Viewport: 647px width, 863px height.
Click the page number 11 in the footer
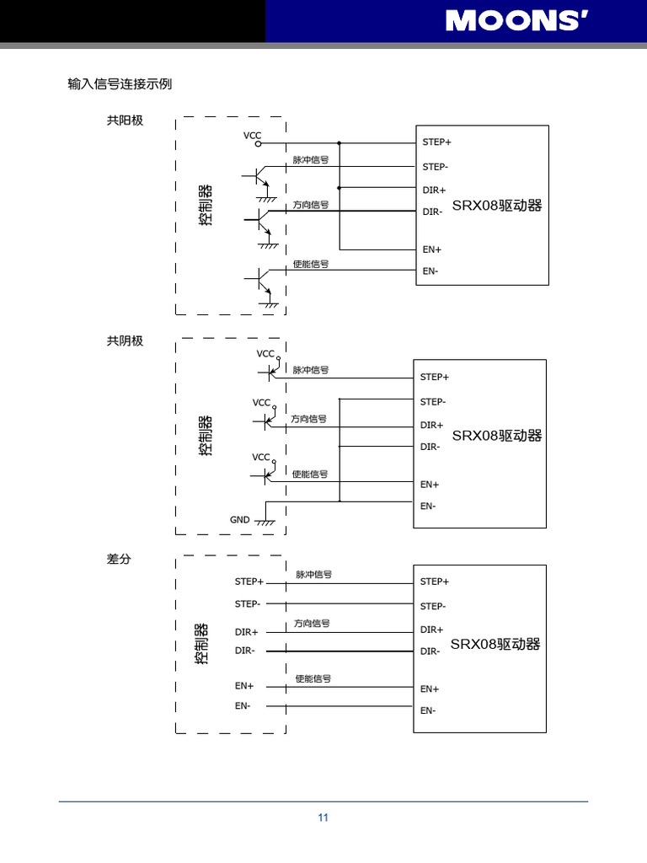pos(323,817)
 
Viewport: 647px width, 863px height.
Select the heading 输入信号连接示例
pos(120,84)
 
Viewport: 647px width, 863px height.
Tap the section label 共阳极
pos(125,121)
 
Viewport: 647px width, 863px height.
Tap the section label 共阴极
pos(125,341)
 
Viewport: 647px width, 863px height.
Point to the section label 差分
pos(119,559)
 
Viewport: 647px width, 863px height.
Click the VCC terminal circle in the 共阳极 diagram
pos(258,143)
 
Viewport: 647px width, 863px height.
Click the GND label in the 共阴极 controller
pos(240,520)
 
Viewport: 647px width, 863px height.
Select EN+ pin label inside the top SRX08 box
pos(432,249)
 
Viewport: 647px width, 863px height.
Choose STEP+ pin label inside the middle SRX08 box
pos(435,377)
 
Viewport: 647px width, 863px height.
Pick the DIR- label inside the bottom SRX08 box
pos(430,651)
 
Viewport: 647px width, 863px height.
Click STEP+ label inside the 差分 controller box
pos(249,582)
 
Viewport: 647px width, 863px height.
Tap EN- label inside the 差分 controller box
pos(243,705)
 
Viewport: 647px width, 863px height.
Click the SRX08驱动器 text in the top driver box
pos(497,206)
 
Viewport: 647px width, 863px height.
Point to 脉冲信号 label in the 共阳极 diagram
pos(311,159)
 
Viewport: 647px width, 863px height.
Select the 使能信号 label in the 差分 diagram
pos(313,678)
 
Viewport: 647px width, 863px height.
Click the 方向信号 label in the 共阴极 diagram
pos(309,419)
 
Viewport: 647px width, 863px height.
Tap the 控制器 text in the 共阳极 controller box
pos(206,205)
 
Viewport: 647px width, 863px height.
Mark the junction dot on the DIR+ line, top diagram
pos(340,188)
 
